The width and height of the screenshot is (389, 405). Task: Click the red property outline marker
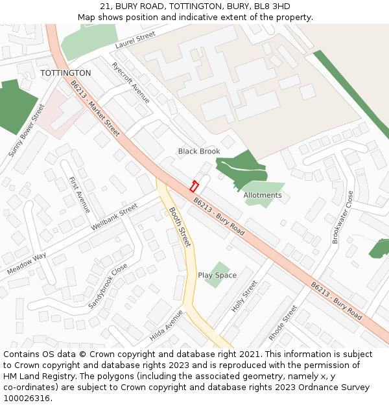(x=193, y=186)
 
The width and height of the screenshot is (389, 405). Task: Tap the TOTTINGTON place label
(x=65, y=73)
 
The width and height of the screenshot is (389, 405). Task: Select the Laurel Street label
(x=136, y=40)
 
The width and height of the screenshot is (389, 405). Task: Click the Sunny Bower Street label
(x=27, y=130)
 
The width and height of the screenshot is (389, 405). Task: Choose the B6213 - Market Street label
(x=95, y=108)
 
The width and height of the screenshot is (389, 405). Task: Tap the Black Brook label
(x=199, y=151)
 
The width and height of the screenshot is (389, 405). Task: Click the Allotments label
(x=263, y=195)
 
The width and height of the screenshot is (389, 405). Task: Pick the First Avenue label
(x=79, y=194)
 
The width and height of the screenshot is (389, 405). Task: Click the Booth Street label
(x=180, y=227)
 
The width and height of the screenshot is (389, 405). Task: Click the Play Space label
(x=217, y=275)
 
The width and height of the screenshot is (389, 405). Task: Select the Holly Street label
(x=244, y=296)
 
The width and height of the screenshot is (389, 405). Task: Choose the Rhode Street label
(x=283, y=323)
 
